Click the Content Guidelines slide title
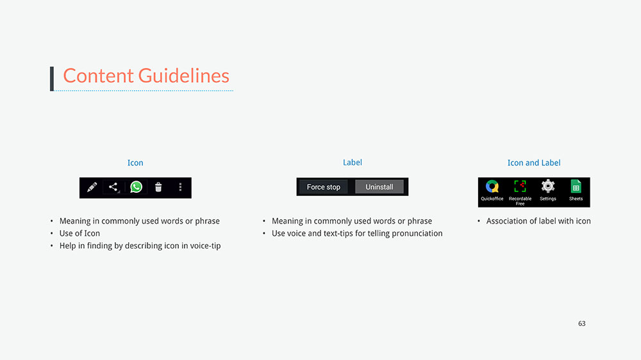coord(146,76)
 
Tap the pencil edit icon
coord(92,187)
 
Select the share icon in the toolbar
coord(113,187)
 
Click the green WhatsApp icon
coord(136,187)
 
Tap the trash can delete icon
coord(158,187)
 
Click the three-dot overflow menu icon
coord(180,187)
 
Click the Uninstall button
coord(379,187)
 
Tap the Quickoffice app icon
coord(492,186)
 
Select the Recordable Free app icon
coord(520,186)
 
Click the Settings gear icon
coord(548,186)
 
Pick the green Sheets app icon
coord(576,186)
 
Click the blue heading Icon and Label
coord(534,163)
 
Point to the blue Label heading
coord(353,162)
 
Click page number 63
coord(582,323)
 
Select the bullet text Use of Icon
coord(79,233)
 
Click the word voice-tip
coord(205,245)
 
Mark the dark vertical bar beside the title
coord(52,78)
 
